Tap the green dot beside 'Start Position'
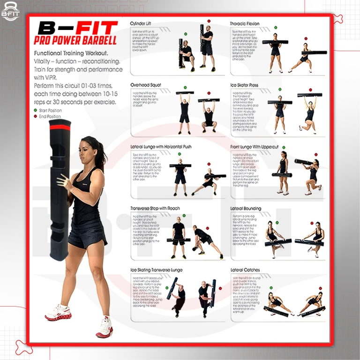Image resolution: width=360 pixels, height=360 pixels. point(35,111)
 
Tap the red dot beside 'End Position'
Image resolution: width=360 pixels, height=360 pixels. point(35,116)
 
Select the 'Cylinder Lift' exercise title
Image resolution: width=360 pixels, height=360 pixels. point(143,23)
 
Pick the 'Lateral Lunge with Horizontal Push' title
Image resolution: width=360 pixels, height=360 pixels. point(161,147)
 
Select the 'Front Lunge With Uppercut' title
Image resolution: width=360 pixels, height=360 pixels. point(254,147)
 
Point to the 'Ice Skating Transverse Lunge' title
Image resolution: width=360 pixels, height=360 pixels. point(156,270)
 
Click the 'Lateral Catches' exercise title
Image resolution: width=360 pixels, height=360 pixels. point(245,270)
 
